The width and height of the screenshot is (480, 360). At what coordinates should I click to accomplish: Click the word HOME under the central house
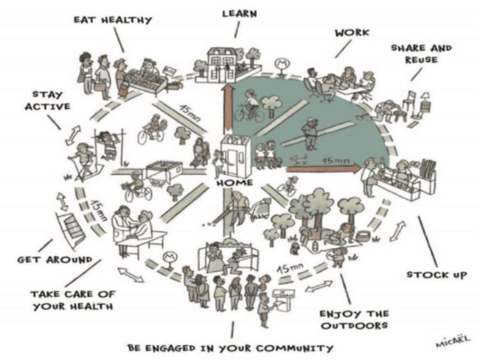point(235,183)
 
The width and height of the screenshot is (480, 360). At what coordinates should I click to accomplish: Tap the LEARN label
point(240,14)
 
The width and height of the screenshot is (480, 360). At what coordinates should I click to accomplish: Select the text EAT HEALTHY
point(113,20)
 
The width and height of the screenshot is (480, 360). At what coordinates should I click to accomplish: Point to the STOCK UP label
point(437,275)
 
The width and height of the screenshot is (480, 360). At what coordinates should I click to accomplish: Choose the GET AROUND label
point(55,260)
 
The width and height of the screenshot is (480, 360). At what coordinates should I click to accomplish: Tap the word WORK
point(352,32)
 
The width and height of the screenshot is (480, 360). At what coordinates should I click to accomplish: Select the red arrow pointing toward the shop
point(324,168)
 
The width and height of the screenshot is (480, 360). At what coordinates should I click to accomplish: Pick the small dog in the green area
point(300,159)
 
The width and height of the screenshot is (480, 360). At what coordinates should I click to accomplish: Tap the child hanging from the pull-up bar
point(108,145)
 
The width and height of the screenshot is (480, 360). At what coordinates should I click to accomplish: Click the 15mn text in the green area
point(336,161)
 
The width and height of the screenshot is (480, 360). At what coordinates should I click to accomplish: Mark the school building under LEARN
point(221,65)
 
